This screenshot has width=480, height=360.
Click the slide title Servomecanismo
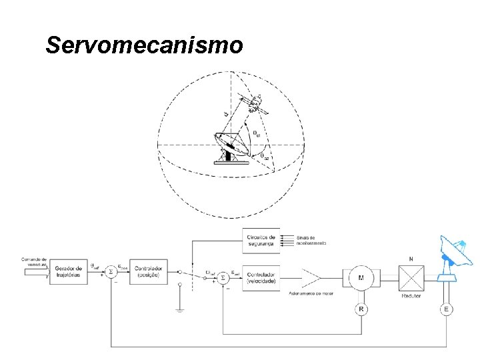[143, 45]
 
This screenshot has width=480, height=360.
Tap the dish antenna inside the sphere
[227, 146]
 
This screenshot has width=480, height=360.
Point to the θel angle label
[258, 133]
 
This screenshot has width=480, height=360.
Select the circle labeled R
[361, 309]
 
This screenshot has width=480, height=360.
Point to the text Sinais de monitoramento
[310, 240]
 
